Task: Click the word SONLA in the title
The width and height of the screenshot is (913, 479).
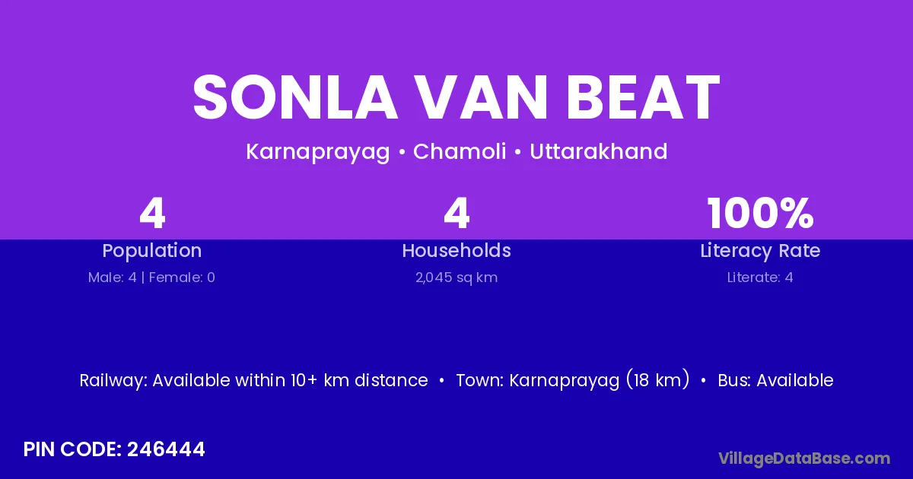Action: [x=295, y=97]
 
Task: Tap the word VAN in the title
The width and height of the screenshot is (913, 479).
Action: [x=481, y=97]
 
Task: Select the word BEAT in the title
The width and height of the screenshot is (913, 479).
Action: [x=643, y=97]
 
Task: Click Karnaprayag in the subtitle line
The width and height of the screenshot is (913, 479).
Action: [x=318, y=152]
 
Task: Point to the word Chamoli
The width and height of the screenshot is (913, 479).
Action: [x=460, y=151]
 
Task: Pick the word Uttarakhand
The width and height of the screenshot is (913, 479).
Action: [x=598, y=151]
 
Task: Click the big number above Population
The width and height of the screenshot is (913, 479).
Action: [x=152, y=214]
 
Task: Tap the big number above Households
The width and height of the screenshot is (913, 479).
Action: [x=456, y=214]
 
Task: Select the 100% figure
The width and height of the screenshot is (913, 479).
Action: [x=761, y=214]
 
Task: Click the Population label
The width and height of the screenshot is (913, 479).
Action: [x=152, y=251]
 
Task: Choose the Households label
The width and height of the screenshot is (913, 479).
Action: [x=456, y=250]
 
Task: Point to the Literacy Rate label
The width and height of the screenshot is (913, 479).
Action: [x=761, y=251]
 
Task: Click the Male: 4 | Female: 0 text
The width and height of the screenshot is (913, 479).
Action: [x=151, y=278]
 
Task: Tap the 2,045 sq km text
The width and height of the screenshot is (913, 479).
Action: [x=456, y=278]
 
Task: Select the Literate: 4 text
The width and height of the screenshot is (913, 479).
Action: [x=761, y=278]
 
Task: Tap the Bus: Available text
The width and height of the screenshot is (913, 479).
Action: [x=775, y=380]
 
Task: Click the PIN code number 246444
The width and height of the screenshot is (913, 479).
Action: [x=166, y=449]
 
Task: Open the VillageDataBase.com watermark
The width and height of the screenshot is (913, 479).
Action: [x=804, y=458]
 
